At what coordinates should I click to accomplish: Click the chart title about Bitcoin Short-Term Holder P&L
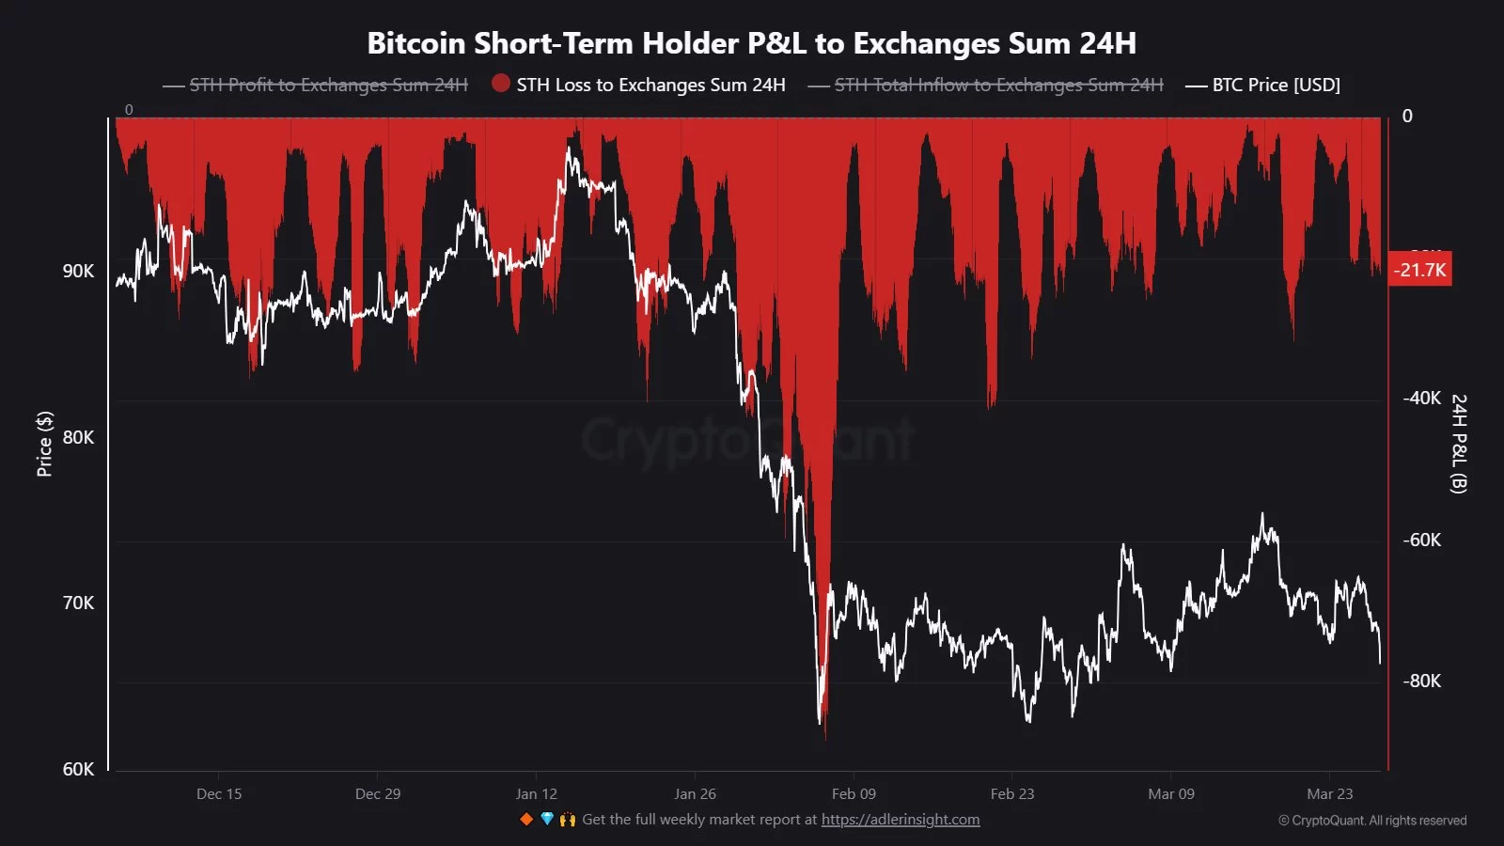click(x=751, y=43)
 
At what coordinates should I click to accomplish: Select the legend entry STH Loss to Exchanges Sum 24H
click(x=650, y=85)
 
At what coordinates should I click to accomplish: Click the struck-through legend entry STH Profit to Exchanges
click(x=328, y=85)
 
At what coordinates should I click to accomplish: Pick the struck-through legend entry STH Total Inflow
click(x=998, y=85)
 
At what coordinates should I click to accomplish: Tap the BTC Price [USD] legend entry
click(x=1276, y=85)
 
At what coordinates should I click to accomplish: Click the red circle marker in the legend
click(x=501, y=84)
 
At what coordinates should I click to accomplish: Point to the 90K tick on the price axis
click(x=78, y=271)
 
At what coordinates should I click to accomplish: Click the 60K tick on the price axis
click(x=78, y=769)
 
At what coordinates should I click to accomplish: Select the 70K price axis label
click(x=78, y=603)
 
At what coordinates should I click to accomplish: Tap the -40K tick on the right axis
click(x=1421, y=398)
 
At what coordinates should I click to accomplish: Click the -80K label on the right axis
click(x=1421, y=681)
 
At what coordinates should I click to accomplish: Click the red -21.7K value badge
click(x=1419, y=270)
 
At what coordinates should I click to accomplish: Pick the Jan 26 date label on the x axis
click(x=695, y=793)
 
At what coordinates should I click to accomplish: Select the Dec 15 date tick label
click(x=219, y=793)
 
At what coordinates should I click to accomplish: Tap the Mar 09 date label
click(x=1171, y=793)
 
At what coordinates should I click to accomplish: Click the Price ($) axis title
click(x=44, y=444)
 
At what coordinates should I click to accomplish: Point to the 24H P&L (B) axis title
click(x=1458, y=444)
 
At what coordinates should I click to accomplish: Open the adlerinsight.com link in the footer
click(x=901, y=820)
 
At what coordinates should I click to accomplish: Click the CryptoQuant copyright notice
click(x=1372, y=821)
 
